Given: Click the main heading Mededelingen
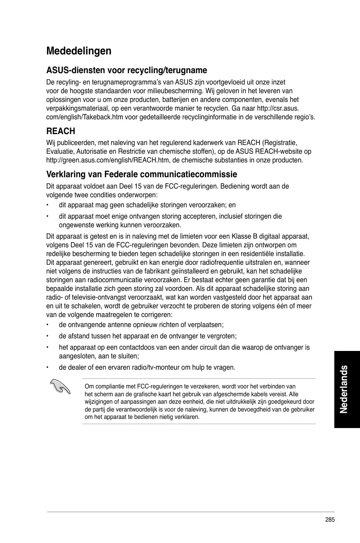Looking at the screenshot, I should point(79,51).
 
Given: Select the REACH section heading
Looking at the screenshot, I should point(61,131).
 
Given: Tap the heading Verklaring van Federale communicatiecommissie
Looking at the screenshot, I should point(141,175).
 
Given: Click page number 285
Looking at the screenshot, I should point(330,519).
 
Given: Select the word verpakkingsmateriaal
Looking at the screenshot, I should point(73,108).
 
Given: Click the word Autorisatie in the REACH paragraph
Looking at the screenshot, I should point(92,152).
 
